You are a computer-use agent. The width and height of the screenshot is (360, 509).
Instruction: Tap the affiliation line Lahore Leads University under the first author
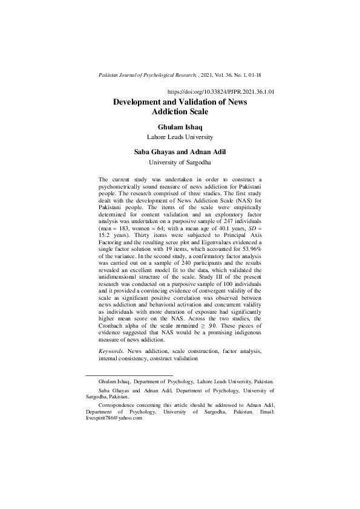(x=180, y=137)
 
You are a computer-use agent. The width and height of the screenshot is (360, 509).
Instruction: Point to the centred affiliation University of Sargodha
(x=180, y=162)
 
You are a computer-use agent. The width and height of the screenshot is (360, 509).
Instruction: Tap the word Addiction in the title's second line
(x=180, y=112)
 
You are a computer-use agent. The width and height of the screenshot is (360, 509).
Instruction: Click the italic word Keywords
(x=113, y=351)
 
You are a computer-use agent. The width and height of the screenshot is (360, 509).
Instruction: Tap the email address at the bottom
(x=114, y=417)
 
